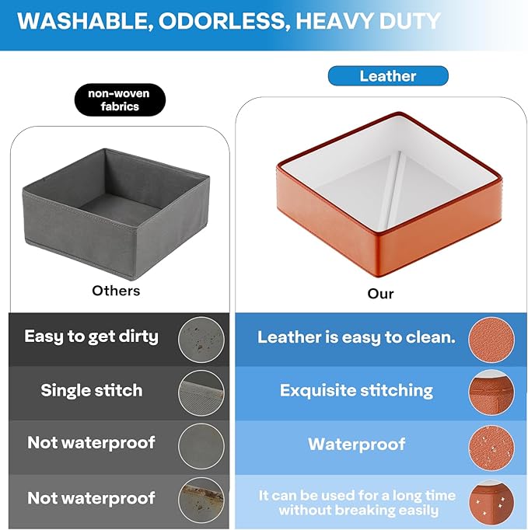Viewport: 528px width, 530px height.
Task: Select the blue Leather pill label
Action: (x=388, y=75)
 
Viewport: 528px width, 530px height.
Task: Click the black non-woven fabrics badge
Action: (x=120, y=99)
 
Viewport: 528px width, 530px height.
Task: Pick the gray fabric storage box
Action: (x=116, y=214)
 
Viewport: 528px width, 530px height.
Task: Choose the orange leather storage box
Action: (x=389, y=194)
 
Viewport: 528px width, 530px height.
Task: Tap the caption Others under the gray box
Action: (x=116, y=291)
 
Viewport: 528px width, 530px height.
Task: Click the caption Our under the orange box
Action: (x=380, y=294)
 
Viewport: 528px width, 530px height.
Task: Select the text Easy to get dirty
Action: (x=91, y=336)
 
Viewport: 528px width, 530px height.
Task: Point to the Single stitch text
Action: (x=91, y=390)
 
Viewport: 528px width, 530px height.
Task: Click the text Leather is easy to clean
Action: (x=356, y=337)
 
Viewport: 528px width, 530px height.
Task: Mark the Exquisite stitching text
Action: (x=356, y=390)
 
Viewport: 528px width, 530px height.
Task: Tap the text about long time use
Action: (x=357, y=503)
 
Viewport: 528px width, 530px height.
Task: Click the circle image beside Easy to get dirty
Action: (x=201, y=340)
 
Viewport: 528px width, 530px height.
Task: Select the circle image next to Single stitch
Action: (x=201, y=392)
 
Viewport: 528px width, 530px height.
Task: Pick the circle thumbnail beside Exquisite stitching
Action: (x=491, y=392)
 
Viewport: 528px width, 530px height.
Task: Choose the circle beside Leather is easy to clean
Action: (x=491, y=340)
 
